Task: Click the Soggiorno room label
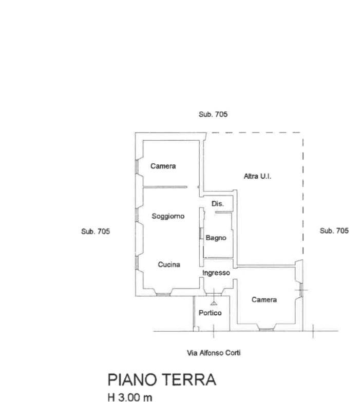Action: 168,216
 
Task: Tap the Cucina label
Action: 169,264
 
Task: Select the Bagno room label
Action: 216,238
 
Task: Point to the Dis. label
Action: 218,204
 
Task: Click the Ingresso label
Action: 216,273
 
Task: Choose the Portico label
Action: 210,313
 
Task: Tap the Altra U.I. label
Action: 257,177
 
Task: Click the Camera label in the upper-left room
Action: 163,166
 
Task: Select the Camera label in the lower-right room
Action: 264,300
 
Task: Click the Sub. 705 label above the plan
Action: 213,114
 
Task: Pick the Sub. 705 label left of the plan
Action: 96,232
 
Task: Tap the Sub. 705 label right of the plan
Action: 334,231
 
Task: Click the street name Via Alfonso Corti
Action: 214,353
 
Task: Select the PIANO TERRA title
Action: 162,380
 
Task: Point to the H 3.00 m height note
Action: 130,397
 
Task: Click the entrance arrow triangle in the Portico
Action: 214,303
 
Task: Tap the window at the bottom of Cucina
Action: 163,295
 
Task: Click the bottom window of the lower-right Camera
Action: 266,330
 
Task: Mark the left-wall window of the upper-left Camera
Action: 137,167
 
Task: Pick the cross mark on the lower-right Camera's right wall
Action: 301,290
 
